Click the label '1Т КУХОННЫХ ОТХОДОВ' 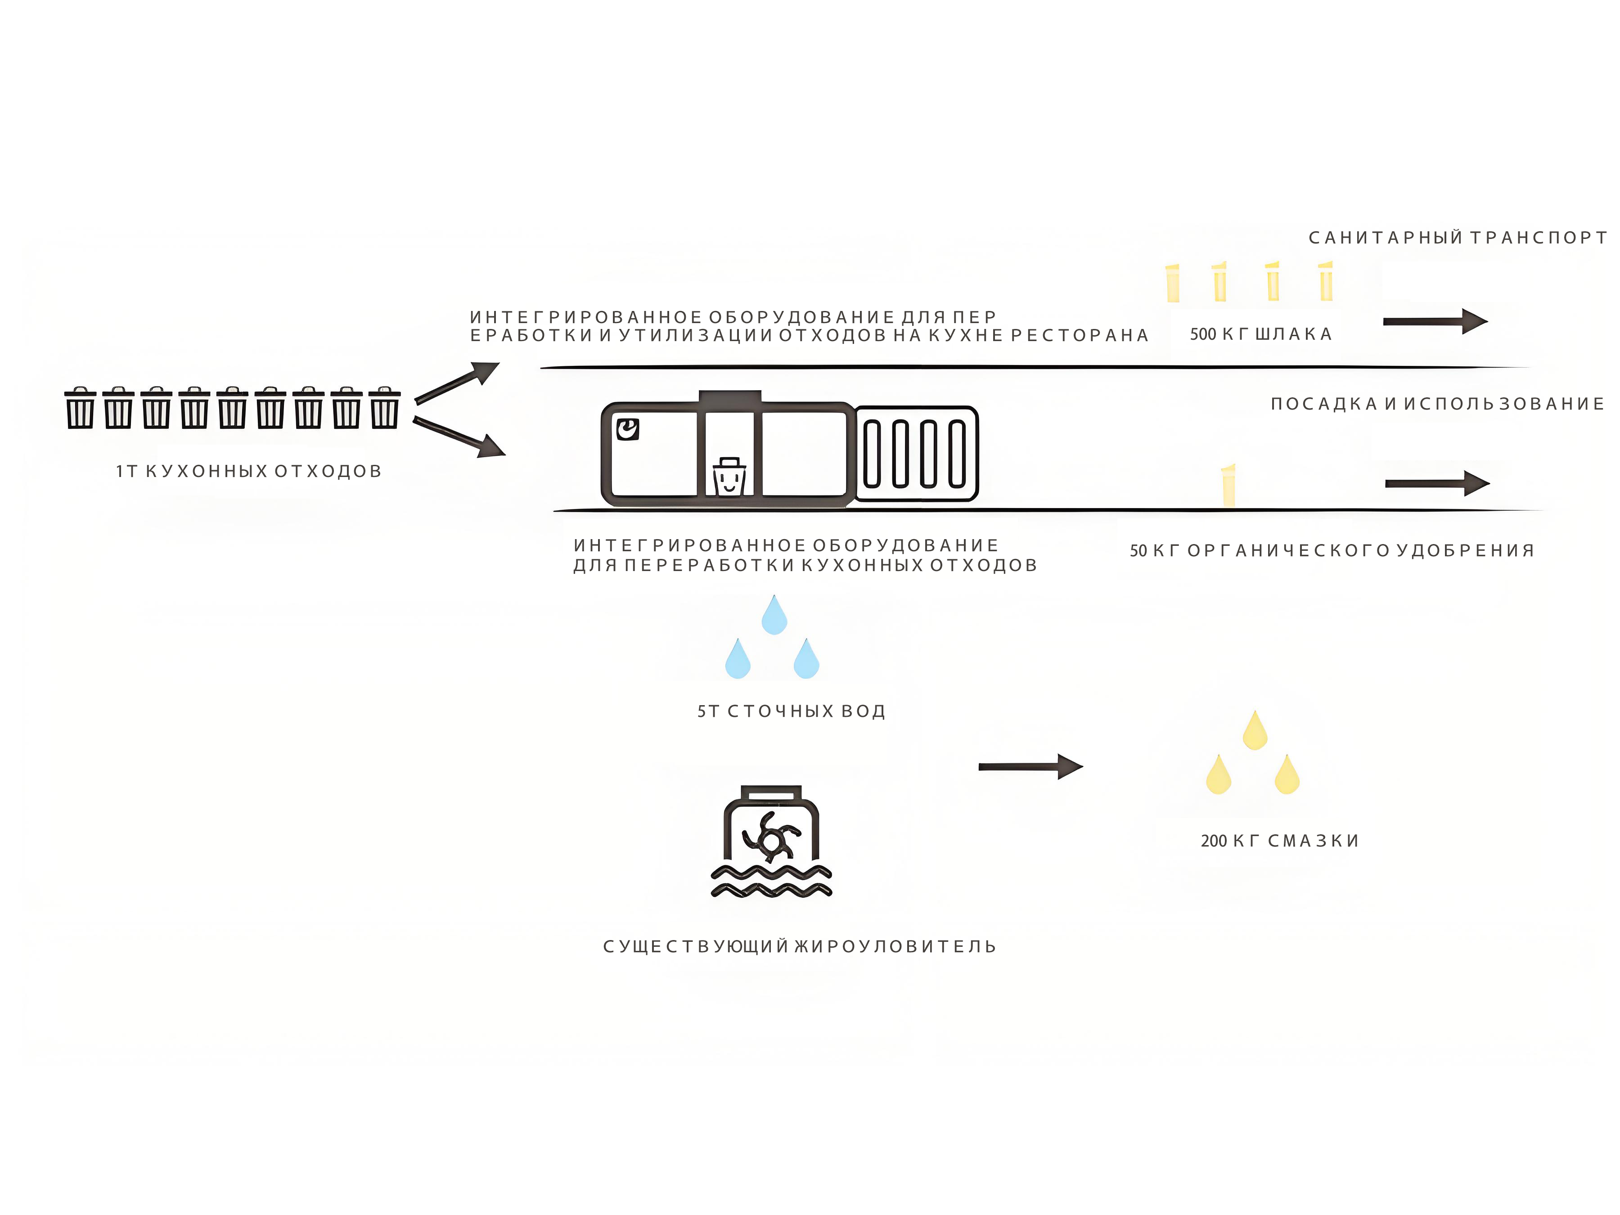point(249,471)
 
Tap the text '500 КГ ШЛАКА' point(1260,334)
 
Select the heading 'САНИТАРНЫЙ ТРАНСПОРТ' point(1458,237)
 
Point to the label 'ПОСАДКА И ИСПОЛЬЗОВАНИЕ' point(1437,404)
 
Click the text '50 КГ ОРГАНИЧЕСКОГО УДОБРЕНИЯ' point(1332,550)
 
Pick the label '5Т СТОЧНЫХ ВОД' point(791,711)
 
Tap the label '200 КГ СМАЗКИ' point(1279,841)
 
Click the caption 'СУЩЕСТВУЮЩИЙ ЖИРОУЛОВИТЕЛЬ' point(800,946)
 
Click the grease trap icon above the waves point(771,824)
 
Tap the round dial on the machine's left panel point(628,429)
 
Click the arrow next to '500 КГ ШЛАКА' point(1435,321)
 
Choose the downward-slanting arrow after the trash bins point(459,436)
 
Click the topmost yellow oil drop point(1255,730)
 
